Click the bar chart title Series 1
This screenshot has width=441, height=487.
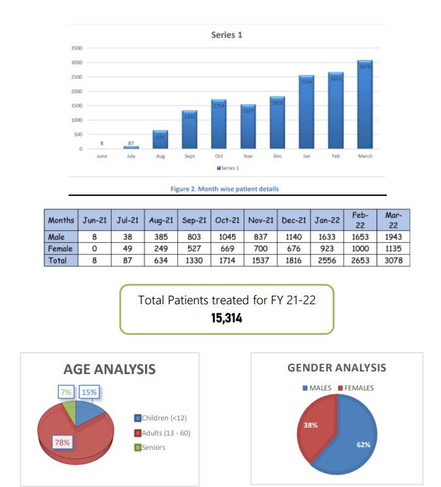coord(227,35)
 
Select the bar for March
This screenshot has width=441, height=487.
coord(365,104)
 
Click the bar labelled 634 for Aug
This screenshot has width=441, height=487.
coord(160,139)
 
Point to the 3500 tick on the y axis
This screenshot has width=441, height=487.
coord(76,48)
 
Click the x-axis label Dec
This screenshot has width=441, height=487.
coord(277,157)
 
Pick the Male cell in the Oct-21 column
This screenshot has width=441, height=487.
coord(227,238)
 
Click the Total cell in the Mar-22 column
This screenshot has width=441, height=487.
coord(394,260)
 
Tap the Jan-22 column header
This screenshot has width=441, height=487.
coord(327,221)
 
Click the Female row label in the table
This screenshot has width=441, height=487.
coord(61,249)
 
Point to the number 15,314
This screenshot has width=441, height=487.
coord(227,317)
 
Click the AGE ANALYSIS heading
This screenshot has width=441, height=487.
coord(109,369)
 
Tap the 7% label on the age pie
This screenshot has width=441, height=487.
coord(66,392)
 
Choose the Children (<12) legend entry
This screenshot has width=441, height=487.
coord(164,418)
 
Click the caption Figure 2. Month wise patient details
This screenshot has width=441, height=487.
coord(224,189)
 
